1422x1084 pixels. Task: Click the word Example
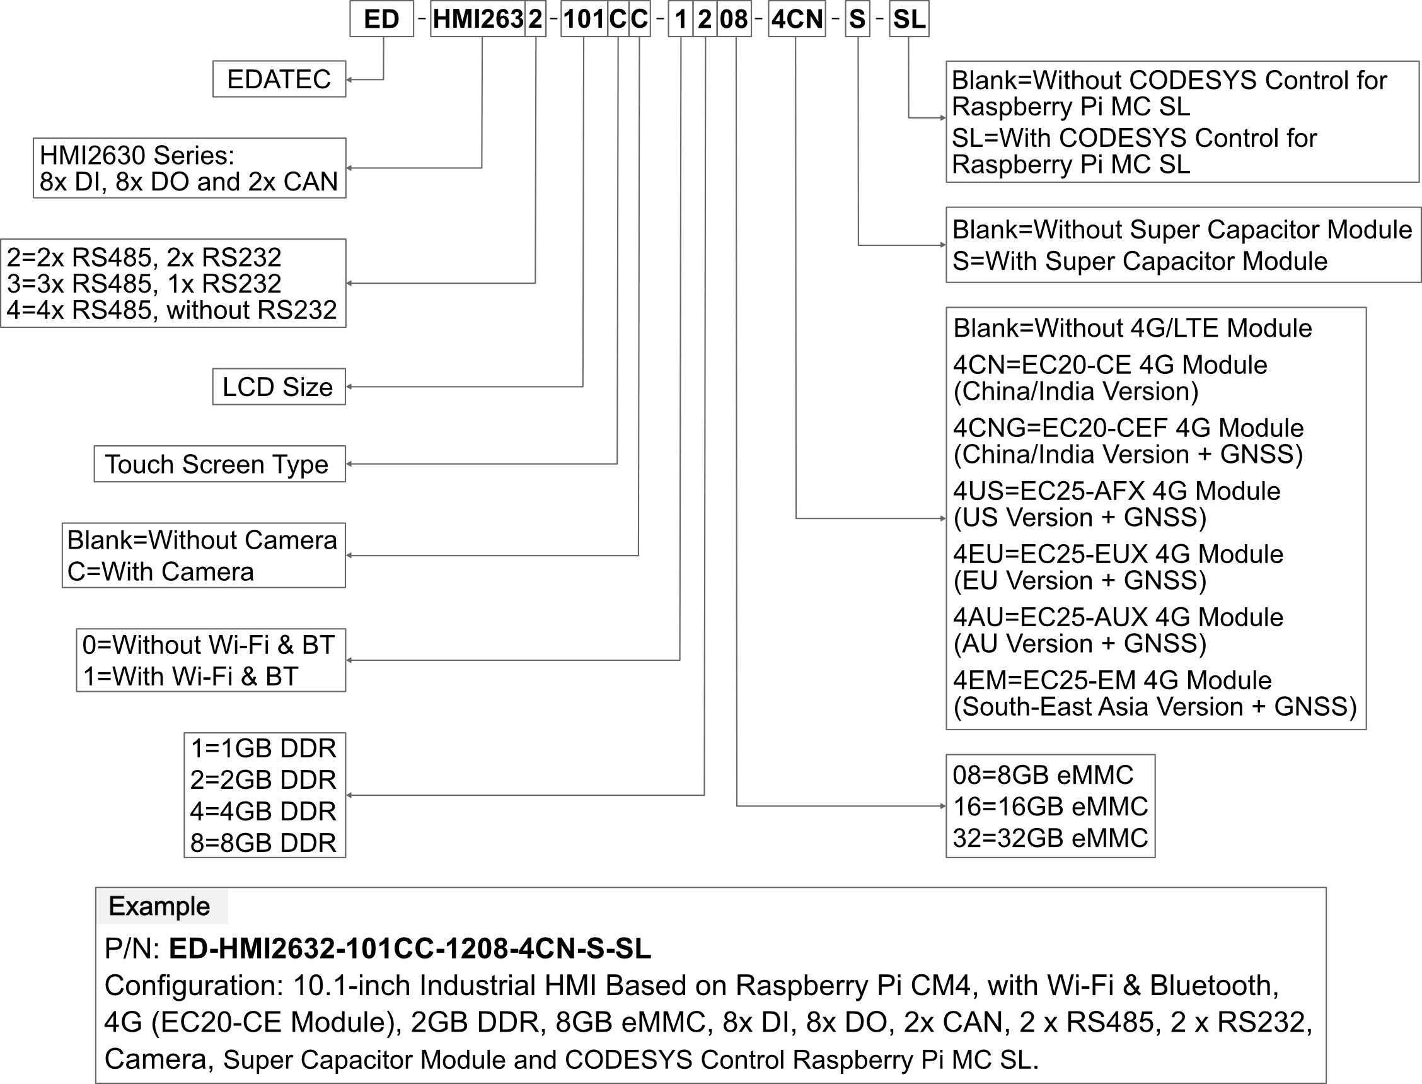[159, 907]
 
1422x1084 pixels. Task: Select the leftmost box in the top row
[382, 19]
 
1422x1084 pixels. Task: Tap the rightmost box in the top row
[909, 19]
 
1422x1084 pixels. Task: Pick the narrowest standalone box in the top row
[857, 19]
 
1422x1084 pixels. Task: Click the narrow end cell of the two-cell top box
[535, 19]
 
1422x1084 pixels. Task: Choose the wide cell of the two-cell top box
[478, 19]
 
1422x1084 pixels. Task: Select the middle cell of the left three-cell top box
[618, 19]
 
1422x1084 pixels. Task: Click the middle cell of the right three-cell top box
[705, 19]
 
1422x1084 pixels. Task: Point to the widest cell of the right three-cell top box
[734, 19]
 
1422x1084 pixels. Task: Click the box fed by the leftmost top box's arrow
[279, 79]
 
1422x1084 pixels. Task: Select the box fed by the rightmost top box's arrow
[1182, 121]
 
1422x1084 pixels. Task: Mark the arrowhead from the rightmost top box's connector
[944, 118]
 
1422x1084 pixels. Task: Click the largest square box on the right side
[1155, 518]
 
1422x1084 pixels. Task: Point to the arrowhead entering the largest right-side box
[944, 518]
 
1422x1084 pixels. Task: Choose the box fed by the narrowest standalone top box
[1182, 245]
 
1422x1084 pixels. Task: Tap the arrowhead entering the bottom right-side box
[944, 806]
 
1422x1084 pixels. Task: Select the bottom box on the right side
[1051, 806]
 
